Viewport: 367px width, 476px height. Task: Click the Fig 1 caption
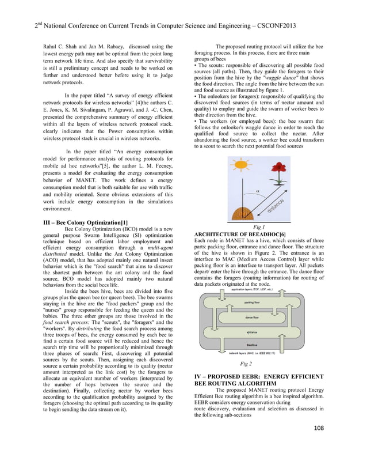point(259,228)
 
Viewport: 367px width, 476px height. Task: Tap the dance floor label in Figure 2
point(253,318)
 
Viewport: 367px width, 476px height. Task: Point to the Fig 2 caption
point(246,364)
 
